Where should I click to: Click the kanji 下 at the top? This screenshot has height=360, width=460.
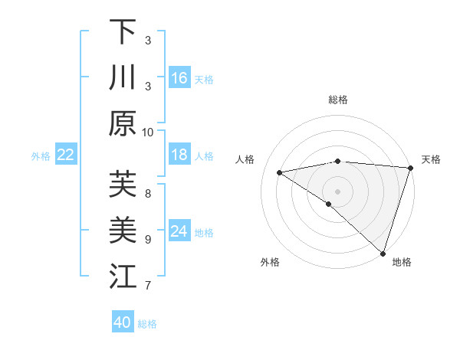(x=123, y=32)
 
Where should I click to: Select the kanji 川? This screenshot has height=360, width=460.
(x=123, y=77)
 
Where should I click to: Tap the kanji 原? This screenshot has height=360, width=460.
(x=123, y=123)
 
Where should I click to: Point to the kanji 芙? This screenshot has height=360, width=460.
(x=123, y=185)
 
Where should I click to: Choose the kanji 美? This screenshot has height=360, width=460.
(x=123, y=230)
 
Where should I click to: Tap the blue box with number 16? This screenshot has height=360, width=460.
(x=179, y=77)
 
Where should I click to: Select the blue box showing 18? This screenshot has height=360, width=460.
(x=179, y=155)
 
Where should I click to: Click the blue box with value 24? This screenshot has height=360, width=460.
(x=179, y=231)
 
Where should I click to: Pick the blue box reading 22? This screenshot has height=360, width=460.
(x=66, y=155)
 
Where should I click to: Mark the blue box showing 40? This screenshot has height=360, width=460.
(x=123, y=322)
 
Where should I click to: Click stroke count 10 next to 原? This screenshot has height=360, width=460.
(x=148, y=132)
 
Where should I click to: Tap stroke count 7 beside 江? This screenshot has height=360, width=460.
(x=148, y=286)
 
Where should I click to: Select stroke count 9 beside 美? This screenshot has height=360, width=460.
(x=148, y=239)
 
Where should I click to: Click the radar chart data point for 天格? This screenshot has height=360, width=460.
(x=410, y=168)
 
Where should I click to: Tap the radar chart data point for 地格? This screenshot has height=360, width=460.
(x=383, y=253)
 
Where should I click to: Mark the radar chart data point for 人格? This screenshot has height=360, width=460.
(x=280, y=172)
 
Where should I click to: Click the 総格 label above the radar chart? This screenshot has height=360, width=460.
(x=338, y=100)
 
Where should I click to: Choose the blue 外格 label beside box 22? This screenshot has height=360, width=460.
(x=41, y=155)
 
